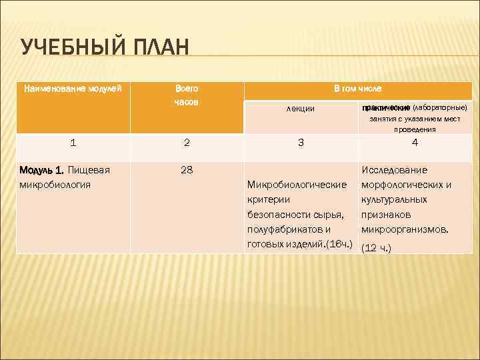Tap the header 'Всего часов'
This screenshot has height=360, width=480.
coord(187,95)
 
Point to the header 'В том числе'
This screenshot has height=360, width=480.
coord(357,88)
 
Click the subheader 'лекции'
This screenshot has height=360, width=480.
coord(301,109)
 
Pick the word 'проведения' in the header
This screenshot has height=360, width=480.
coord(414,129)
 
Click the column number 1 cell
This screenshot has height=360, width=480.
coord(73,142)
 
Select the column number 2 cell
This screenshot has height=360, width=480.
coord(187,142)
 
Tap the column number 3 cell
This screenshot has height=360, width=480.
coord(301,142)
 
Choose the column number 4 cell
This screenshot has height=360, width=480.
coord(415,142)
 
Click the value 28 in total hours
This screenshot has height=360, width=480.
coord(187,170)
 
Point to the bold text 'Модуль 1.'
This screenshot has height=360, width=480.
coord(43,170)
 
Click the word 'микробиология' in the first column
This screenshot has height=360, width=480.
coord(54,184)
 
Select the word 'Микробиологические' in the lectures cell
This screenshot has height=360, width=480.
coord(296,184)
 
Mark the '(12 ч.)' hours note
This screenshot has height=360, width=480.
coord(375,248)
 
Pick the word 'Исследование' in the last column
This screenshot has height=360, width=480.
coord(394,170)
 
